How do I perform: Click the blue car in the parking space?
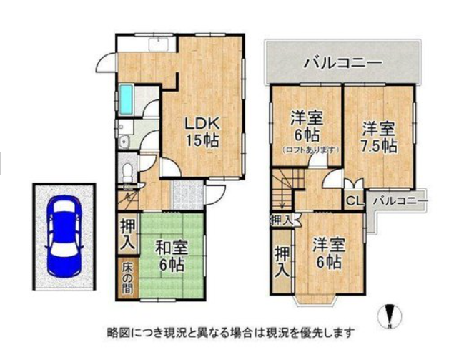[x=64, y=236]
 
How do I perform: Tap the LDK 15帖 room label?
[x=202, y=132]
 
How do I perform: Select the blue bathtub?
[x=126, y=100]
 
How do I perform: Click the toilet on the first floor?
[x=128, y=172]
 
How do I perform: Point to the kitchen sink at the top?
[x=159, y=44]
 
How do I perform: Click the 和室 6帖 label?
[x=172, y=257]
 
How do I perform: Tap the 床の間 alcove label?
[x=128, y=278]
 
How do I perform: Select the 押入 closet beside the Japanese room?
[x=127, y=234]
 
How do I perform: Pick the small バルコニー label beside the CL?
[x=400, y=201]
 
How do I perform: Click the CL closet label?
[x=355, y=201]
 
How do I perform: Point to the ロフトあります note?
[x=310, y=150]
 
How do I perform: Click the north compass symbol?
[x=390, y=316]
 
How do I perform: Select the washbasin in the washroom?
[x=124, y=142]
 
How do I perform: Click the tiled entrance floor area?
[x=187, y=195]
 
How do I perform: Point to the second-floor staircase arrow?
[x=281, y=192]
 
